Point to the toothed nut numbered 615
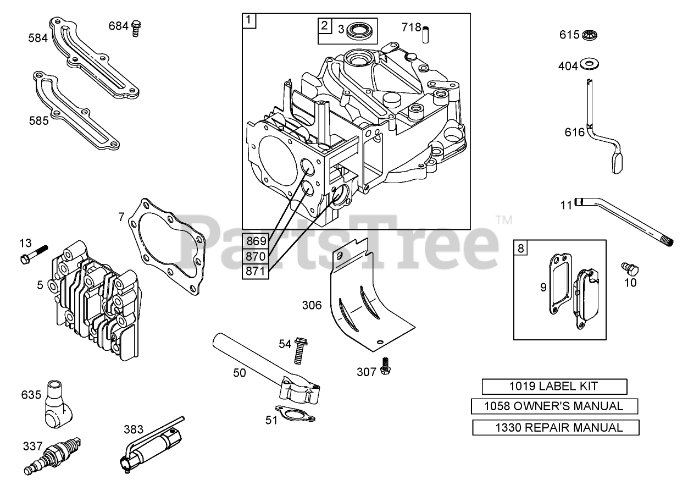(x=590, y=35)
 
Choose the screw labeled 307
(x=385, y=366)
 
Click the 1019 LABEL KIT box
(x=554, y=387)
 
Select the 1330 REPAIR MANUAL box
(x=556, y=427)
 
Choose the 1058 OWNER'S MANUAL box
(x=554, y=407)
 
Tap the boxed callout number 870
(x=256, y=256)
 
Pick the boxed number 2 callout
(x=325, y=25)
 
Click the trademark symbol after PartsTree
(x=503, y=220)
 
